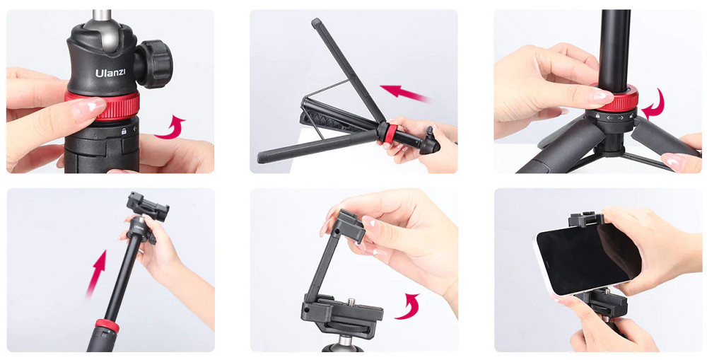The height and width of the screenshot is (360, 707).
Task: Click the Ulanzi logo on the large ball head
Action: point(110,72)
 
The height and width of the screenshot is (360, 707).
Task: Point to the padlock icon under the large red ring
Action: point(123,132)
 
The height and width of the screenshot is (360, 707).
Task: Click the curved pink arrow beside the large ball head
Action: point(170,127)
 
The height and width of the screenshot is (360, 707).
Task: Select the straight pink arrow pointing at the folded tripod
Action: point(404,93)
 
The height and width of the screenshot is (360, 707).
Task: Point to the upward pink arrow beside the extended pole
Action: point(96,274)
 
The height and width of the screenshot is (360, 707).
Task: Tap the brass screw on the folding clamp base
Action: point(351,301)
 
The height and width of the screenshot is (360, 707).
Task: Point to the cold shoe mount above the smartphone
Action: point(585,219)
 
